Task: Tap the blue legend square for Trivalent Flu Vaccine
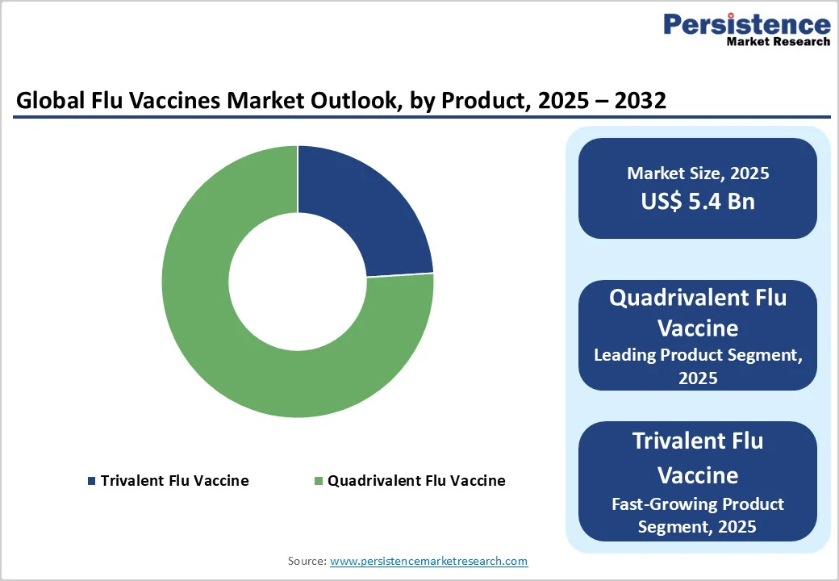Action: pyautogui.click(x=91, y=481)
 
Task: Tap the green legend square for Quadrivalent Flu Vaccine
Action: pyautogui.click(x=319, y=481)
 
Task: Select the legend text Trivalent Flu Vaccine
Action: pyautogui.click(x=174, y=481)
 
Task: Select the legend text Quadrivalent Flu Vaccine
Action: pyautogui.click(x=416, y=481)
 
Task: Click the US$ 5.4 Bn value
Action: pyautogui.click(x=698, y=201)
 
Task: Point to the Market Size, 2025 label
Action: pyautogui.click(x=698, y=173)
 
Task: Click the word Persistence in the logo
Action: pyautogui.click(x=746, y=24)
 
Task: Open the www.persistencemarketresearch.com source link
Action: pyautogui.click(x=428, y=561)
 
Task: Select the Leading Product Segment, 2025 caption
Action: pyautogui.click(x=698, y=366)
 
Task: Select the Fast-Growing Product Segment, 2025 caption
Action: pyautogui.click(x=698, y=515)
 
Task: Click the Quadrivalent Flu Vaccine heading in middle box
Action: pyautogui.click(x=698, y=313)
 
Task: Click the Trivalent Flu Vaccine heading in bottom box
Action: pyautogui.click(x=698, y=457)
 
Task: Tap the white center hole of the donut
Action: pyautogui.click(x=298, y=282)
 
